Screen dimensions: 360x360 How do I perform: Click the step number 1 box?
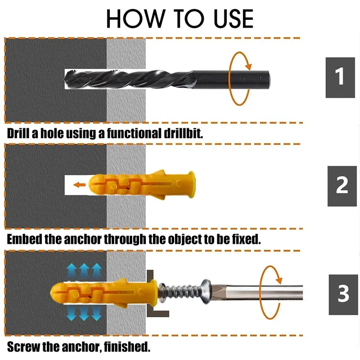(x=340, y=77)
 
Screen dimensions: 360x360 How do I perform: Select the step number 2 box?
(x=342, y=186)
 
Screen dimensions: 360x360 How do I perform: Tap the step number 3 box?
(x=343, y=295)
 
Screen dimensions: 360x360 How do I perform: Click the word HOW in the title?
(x=136, y=19)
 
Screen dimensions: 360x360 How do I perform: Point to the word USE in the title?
(x=233, y=19)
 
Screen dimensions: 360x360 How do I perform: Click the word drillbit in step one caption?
(x=184, y=133)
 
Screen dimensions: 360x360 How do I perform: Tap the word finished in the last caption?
(x=127, y=346)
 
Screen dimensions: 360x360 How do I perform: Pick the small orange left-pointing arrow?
(x=80, y=184)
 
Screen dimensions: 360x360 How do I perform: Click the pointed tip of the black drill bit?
(x=65, y=79)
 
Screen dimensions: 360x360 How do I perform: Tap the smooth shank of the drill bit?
(x=231, y=80)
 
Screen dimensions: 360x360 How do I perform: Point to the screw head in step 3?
(x=206, y=291)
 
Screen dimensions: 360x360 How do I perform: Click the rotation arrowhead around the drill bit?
(x=249, y=66)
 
